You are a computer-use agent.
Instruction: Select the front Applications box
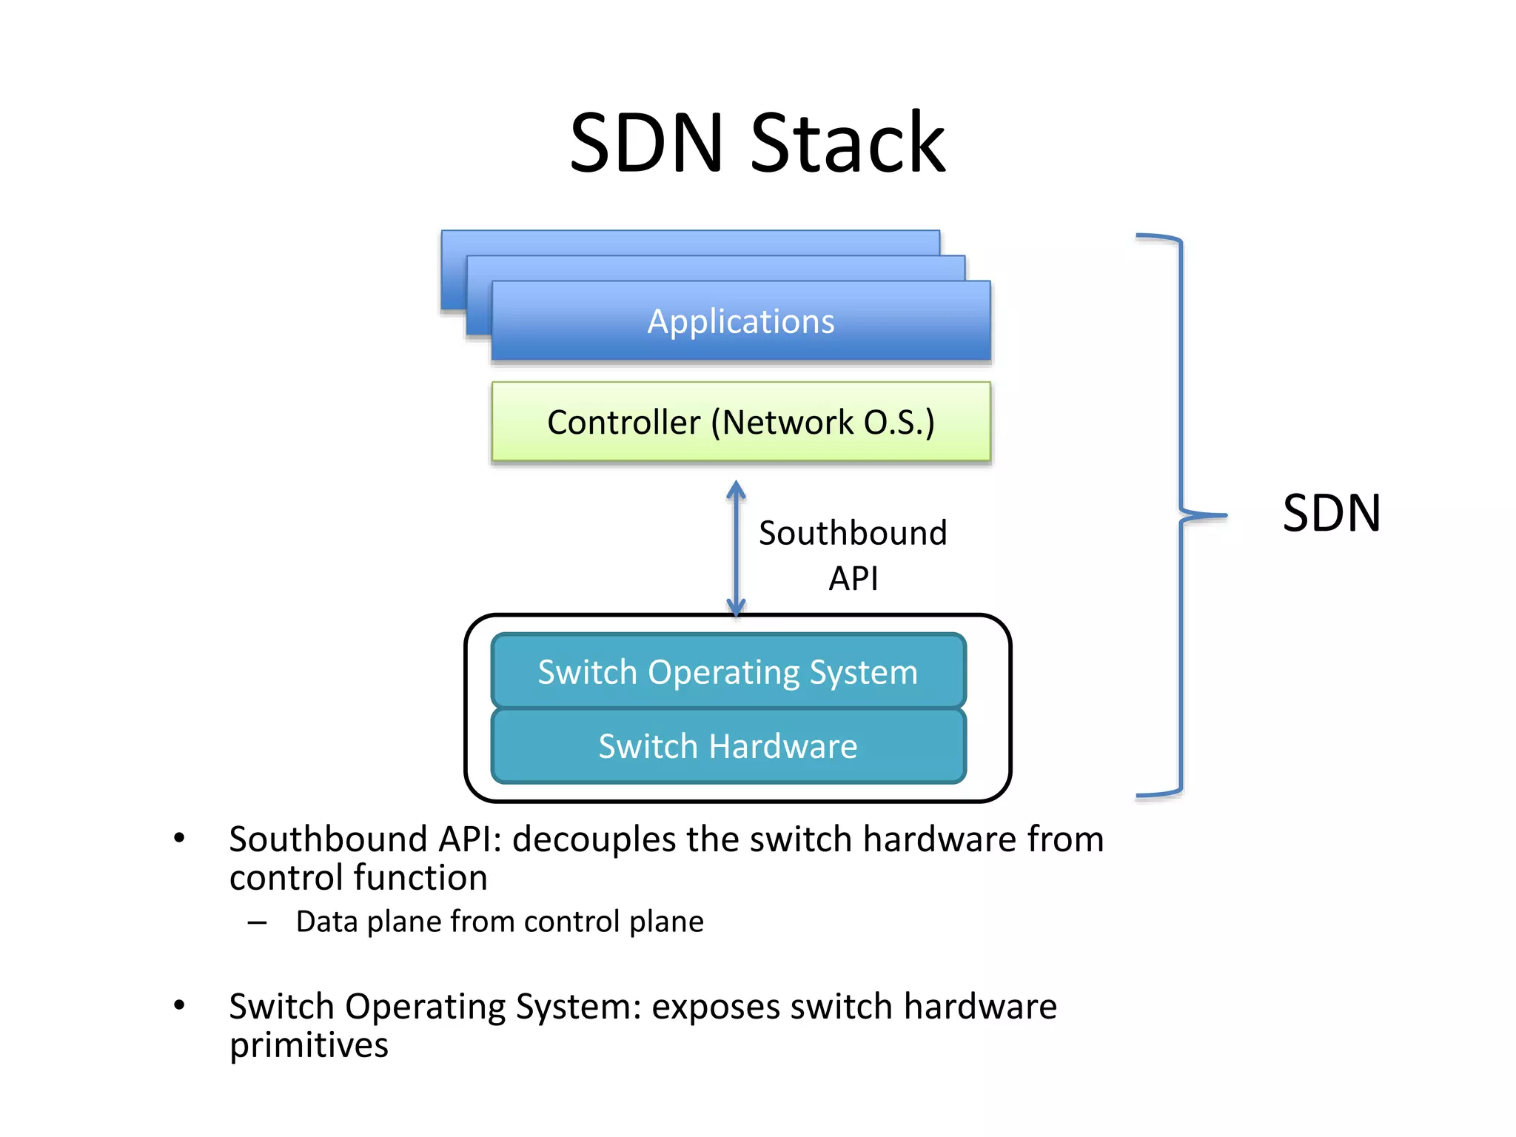(741, 321)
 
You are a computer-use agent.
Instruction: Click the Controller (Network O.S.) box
(741, 422)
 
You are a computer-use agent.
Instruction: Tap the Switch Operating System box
(728, 671)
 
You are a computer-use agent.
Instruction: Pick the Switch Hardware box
(728, 746)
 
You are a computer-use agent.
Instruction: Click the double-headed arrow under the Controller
(736, 549)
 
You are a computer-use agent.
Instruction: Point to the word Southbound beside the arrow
(853, 533)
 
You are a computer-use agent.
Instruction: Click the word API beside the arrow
(853, 578)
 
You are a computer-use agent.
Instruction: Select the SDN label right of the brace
(1331, 513)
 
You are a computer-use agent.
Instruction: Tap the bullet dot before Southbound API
(179, 839)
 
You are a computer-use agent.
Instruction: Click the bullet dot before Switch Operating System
(179, 1005)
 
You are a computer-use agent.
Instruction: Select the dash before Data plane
(257, 922)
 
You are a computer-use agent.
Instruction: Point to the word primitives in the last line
(309, 1045)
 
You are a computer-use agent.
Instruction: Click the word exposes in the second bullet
(715, 1007)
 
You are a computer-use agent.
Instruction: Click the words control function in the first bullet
(358, 878)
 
